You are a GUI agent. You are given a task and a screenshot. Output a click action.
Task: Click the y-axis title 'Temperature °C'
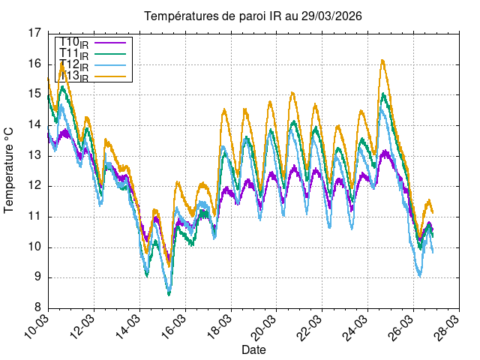pos(10,170)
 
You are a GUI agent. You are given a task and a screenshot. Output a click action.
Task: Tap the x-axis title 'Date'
pos(253,349)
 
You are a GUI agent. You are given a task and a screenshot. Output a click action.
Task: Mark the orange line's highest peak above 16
pos(382,60)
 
